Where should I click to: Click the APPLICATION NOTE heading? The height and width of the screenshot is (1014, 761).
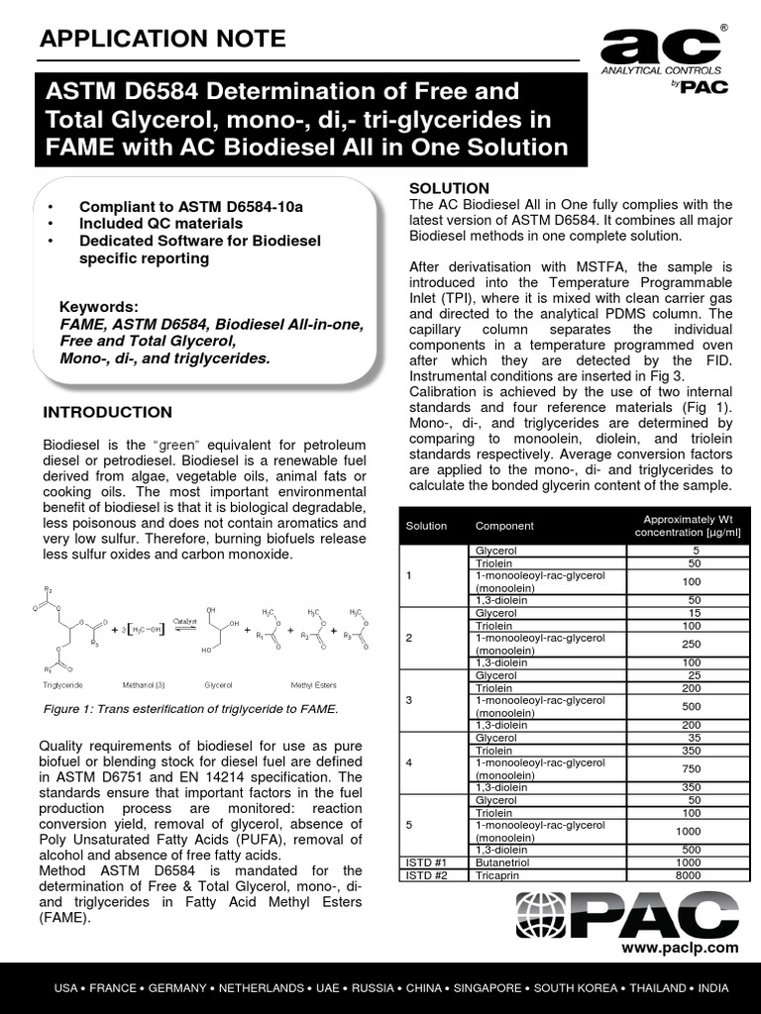point(162,39)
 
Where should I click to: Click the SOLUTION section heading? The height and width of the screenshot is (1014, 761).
point(449,188)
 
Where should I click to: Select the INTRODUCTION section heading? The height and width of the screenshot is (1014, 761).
point(108,412)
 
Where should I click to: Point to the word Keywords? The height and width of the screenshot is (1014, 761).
point(99,307)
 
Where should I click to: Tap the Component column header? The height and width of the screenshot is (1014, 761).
point(504,526)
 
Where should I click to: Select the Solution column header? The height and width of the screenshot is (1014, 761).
point(426,526)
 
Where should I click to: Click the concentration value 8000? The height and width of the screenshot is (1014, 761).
point(695,875)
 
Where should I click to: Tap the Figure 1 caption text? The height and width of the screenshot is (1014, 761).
point(191,709)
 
